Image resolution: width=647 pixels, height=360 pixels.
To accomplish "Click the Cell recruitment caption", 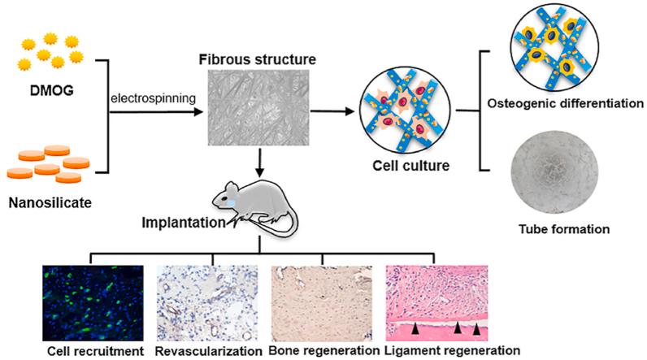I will click(x=76, y=351).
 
